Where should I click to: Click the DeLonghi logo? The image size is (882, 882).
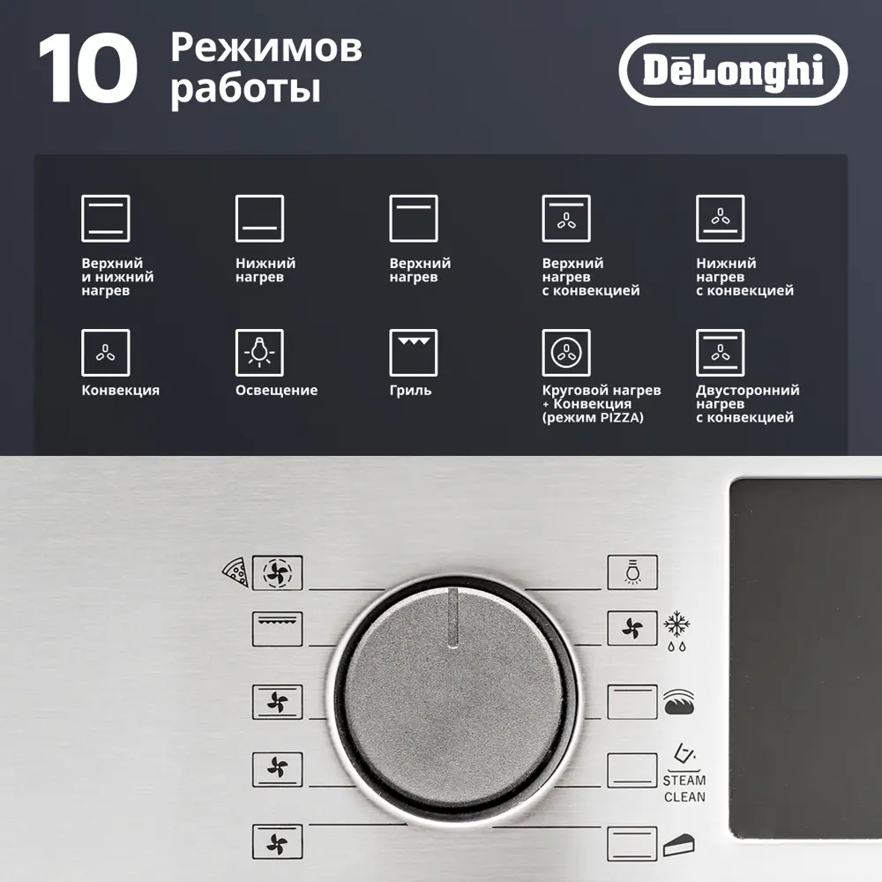733,71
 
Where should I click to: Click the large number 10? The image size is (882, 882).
87,71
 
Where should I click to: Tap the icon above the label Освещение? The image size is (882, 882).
259,353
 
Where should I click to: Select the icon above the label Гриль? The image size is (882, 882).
414,353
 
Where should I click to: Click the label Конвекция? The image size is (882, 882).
121,390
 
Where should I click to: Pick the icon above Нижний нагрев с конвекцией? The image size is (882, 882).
720,218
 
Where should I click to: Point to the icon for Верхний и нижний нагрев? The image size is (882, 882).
106,218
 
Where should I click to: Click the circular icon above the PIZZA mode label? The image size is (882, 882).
566,353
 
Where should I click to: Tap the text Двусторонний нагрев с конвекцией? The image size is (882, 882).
747,403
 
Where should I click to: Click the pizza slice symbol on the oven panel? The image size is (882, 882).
234,572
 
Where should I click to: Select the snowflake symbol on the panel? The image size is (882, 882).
676,624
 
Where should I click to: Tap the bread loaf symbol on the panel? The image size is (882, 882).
676,702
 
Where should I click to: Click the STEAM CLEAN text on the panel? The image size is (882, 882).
684,789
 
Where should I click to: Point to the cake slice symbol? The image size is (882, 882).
676,846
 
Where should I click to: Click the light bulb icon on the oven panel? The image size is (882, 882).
632,572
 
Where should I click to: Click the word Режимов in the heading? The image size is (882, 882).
265,49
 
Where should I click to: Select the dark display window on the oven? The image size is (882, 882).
804,657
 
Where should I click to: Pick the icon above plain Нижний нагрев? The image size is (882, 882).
259,218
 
